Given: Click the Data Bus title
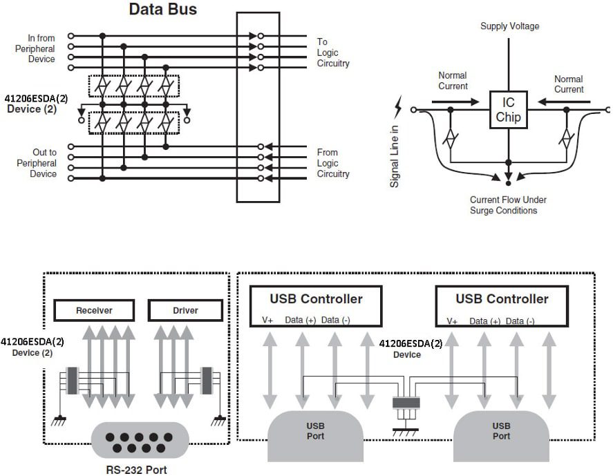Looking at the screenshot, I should pos(163,10).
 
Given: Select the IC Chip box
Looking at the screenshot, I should pos(508,109).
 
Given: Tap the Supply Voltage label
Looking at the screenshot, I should pos(510,26).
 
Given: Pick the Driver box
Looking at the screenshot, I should pos(185,311).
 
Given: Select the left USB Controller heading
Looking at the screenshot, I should pos(316,299).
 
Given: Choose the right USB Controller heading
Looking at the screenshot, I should pos(502,299).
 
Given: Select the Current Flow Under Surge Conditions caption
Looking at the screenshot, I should pos(508,204).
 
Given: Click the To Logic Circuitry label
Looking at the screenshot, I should pos(333,53).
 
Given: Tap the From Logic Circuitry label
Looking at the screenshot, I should pos(333,163).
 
